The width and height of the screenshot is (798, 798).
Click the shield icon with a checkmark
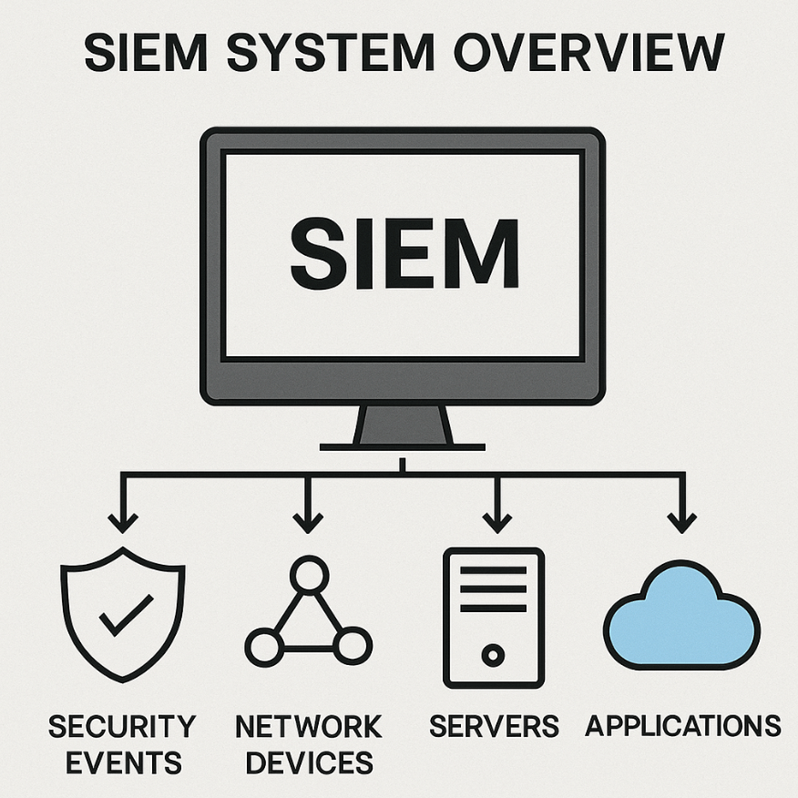click(123, 619)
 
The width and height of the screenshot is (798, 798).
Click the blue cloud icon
click(681, 618)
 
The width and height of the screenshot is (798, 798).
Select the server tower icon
click(493, 618)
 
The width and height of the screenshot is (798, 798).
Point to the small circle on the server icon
click(493, 654)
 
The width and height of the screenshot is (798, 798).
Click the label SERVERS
click(494, 727)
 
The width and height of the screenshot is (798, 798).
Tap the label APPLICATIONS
click(682, 727)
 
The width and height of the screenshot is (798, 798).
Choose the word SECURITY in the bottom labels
click(122, 727)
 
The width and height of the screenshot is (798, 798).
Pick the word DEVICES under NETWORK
click(309, 762)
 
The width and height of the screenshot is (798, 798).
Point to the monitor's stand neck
click(402, 425)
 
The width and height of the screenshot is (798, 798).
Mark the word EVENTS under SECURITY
click(122, 762)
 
